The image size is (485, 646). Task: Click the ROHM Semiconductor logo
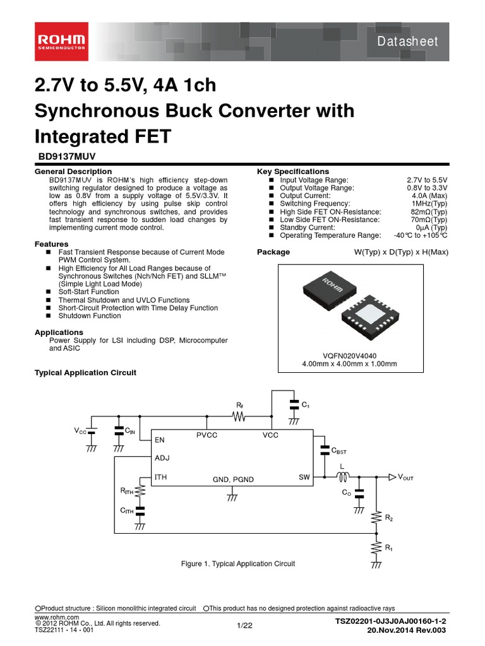tap(63, 43)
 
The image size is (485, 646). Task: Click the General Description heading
tap(73, 172)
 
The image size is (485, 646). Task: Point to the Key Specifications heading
tap(292, 172)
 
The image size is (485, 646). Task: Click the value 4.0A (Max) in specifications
tap(426, 196)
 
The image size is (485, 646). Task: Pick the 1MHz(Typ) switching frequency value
tap(429, 204)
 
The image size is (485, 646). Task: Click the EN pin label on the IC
tap(160, 440)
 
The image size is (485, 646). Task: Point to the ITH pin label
tap(161, 478)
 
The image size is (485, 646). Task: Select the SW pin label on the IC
tap(304, 478)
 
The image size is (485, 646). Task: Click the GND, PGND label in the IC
tap(232, 479)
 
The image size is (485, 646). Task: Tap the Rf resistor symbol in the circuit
tap(239, 417)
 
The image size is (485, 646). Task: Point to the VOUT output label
tap(405, 478)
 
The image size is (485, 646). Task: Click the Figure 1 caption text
tap(238, 563)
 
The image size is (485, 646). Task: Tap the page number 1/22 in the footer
tap(244, 625)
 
